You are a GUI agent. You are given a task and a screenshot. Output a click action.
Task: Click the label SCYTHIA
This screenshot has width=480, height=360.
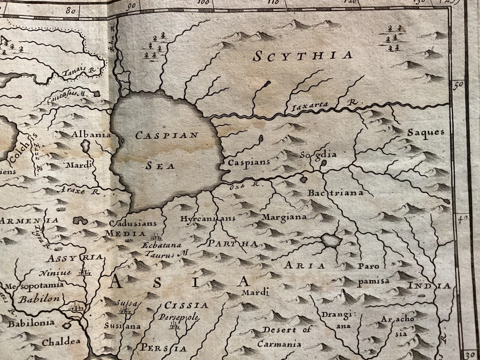302,55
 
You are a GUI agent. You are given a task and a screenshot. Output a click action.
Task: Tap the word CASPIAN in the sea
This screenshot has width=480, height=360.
167,135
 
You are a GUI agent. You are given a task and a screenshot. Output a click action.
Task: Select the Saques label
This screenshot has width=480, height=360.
425,132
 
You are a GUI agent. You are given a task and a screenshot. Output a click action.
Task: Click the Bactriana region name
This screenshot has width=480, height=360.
335,192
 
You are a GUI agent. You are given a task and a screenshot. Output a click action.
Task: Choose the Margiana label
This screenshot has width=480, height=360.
284,217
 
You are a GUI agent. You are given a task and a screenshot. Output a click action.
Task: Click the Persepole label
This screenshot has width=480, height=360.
178,317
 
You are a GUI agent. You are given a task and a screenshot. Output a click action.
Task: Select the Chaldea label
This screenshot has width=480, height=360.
61,342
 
